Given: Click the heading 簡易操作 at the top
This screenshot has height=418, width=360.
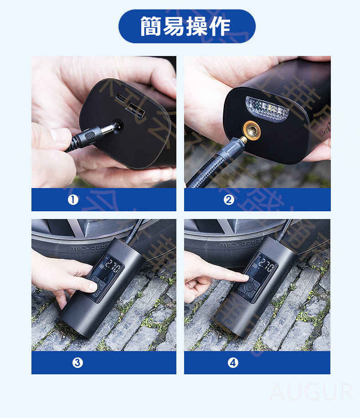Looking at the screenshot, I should (x=186, y=26).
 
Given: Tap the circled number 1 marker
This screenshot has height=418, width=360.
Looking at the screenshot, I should (x=73, y=199).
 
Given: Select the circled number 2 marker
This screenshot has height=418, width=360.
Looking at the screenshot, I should (x=229, y=199).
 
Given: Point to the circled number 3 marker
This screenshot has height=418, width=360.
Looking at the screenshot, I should (x=77, y=362).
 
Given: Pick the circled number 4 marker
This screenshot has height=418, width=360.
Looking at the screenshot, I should (x=233, y=362).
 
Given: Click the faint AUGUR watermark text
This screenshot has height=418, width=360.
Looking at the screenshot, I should (x=311, y=392).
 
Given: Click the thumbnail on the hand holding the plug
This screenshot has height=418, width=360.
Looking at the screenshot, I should (x=59, y=135).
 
